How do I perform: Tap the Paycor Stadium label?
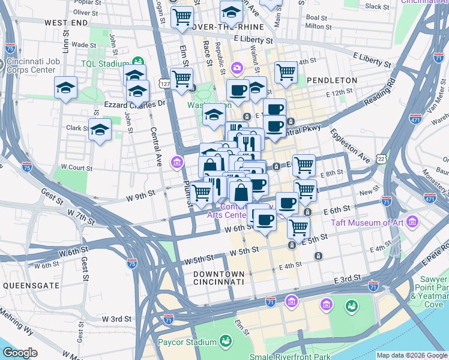187,343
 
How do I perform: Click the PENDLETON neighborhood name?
331,80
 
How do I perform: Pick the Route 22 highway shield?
381,158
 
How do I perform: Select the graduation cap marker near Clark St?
100,129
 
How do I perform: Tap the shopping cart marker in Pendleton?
286,72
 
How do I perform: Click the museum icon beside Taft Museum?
412,223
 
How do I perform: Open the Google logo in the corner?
20,353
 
